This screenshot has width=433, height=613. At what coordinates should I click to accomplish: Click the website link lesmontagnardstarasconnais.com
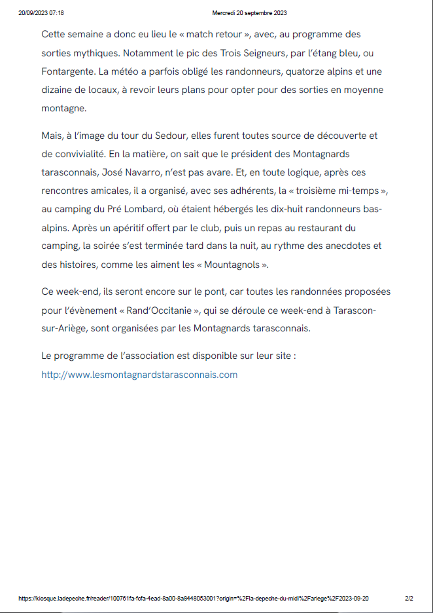pos(139,375)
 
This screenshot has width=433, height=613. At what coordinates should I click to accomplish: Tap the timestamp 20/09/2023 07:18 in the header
pos(41,13)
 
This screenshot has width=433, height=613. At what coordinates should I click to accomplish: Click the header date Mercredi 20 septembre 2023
pos(250,13)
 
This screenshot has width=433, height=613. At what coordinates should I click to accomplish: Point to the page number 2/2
pos(409,598)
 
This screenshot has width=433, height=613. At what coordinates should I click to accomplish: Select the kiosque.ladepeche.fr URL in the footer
pos(194,598)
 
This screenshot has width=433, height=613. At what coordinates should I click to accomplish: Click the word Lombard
pos(165,210)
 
